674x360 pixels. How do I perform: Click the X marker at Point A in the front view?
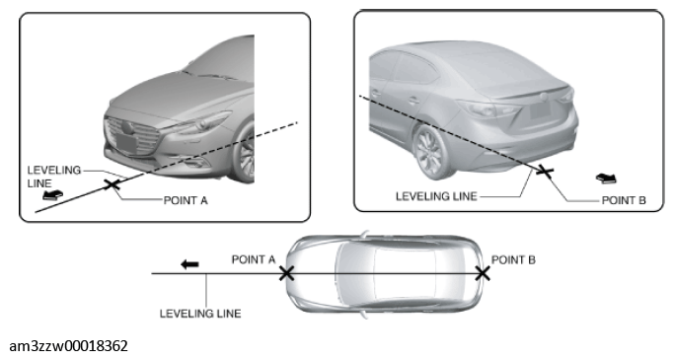coord(112,184)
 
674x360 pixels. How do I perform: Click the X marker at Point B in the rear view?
coord(545,171)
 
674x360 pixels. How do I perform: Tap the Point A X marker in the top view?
coord(287,273)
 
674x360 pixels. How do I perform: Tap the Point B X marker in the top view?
coord(483,273)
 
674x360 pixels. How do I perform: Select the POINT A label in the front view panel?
coord(186,200)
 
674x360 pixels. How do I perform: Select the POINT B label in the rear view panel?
coord(624,200)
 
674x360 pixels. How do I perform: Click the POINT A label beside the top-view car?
coord(254,259)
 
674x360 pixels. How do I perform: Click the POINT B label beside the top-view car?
coord(513,260)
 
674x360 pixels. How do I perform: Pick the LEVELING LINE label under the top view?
coord(200,314)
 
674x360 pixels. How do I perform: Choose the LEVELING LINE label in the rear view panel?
coord(436,196)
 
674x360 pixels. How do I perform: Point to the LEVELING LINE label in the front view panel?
coord(54,177)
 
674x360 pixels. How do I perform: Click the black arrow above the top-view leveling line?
coord(189,264)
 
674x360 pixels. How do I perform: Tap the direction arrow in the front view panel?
coord(52,195)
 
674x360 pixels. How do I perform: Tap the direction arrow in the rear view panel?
coord(606,179)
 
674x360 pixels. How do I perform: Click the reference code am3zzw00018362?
coord(68,346)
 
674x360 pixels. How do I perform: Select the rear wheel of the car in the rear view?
coord(431,152)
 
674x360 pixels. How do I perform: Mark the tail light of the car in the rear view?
coord(485,108)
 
